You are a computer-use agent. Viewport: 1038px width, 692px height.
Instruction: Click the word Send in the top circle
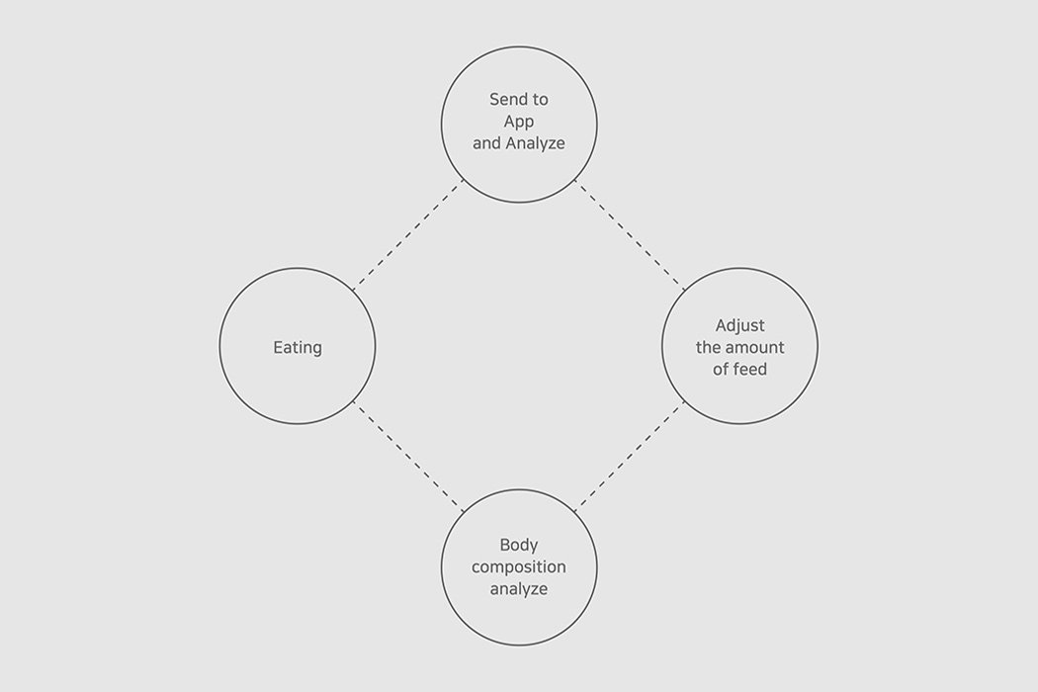[x=505, y=99]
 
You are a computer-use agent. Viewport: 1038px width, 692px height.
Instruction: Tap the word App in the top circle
[x=519, y=122]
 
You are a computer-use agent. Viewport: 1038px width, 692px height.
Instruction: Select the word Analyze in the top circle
[x=536, y=143]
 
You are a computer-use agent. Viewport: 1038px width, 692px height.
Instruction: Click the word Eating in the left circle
[x=298, y=348]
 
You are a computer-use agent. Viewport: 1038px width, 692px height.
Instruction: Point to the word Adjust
[x=740, y=326]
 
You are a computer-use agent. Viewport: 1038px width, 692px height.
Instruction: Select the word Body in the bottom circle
[x=519, y=545]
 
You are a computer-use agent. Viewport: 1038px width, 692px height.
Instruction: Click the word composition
[x=519, y=567]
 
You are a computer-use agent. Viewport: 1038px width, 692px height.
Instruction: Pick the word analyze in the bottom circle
[x=519, y=589]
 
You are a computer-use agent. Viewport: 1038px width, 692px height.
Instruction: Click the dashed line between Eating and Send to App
[x=408, y=234]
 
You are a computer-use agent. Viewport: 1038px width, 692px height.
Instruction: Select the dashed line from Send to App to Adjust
[x=630, y=234]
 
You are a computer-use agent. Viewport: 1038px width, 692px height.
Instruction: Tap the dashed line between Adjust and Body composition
[x=630, y=457]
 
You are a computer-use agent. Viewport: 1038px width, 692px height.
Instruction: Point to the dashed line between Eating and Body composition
[x=408, y=457]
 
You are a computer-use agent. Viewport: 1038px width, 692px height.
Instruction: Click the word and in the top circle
[x=486, y=143]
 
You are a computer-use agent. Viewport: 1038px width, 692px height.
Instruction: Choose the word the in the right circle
[x=708, y=348]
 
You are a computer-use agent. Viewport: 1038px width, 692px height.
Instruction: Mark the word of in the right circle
[x=721, y=369]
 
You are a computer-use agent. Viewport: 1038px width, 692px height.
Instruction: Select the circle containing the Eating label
[x=219, y=346]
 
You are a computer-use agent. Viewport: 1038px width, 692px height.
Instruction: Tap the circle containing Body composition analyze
[x=442, y=567]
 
